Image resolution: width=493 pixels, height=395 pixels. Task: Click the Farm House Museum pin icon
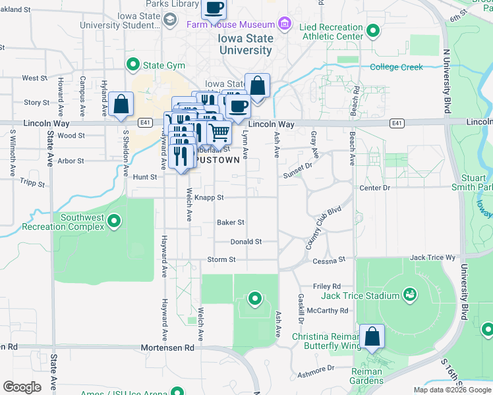coord(285,24)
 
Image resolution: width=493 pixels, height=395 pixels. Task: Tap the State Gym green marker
coord(134,65)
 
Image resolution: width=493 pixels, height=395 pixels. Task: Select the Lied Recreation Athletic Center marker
coord(372,31)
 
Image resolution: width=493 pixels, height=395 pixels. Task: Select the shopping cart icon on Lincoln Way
coord(219,132)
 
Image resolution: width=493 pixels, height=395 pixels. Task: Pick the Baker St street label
coord(231,223)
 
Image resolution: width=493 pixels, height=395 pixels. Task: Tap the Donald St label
coord(246,242)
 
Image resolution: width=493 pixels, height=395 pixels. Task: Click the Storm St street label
coord(221,260)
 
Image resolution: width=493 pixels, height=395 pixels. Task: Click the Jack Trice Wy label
coord(432,258)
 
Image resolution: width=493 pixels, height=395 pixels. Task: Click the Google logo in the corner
coord(22,386)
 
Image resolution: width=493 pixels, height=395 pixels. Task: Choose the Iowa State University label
coord(245,44)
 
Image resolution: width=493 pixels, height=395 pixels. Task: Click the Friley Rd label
coord(326,286)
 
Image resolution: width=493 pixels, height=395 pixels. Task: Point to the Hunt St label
coord(145,177)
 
